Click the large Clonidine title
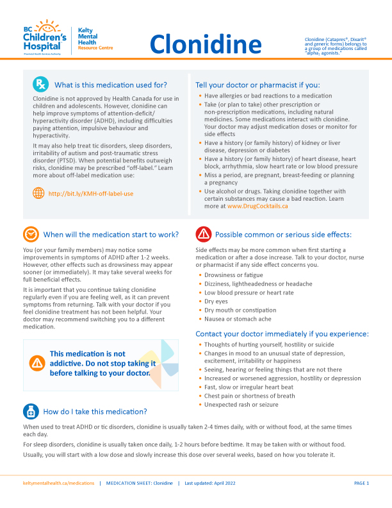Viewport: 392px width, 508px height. coord(206,44)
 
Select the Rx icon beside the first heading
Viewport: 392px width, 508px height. coord(40,84)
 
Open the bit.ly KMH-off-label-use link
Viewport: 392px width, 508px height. coord(91,192)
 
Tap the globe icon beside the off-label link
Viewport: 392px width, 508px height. coord(38,192)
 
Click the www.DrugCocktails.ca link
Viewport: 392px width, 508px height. coord(257,206)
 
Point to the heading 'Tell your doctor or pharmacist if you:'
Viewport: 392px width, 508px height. coord(257,85)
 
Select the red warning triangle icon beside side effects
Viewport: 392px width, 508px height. coord(203,234)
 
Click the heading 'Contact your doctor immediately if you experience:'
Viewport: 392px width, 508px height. coord(282,334)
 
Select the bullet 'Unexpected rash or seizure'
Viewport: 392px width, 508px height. coord(241,405)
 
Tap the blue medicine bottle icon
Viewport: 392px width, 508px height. coord(31,411)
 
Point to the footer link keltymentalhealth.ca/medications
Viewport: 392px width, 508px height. coord(58,482)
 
